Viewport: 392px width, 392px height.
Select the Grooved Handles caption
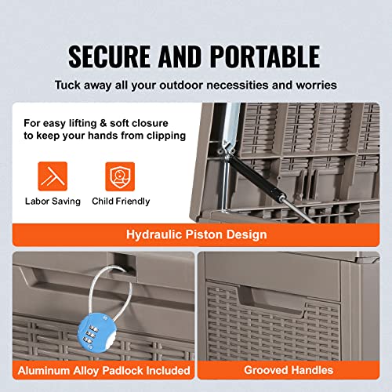click(x=289, y=370)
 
